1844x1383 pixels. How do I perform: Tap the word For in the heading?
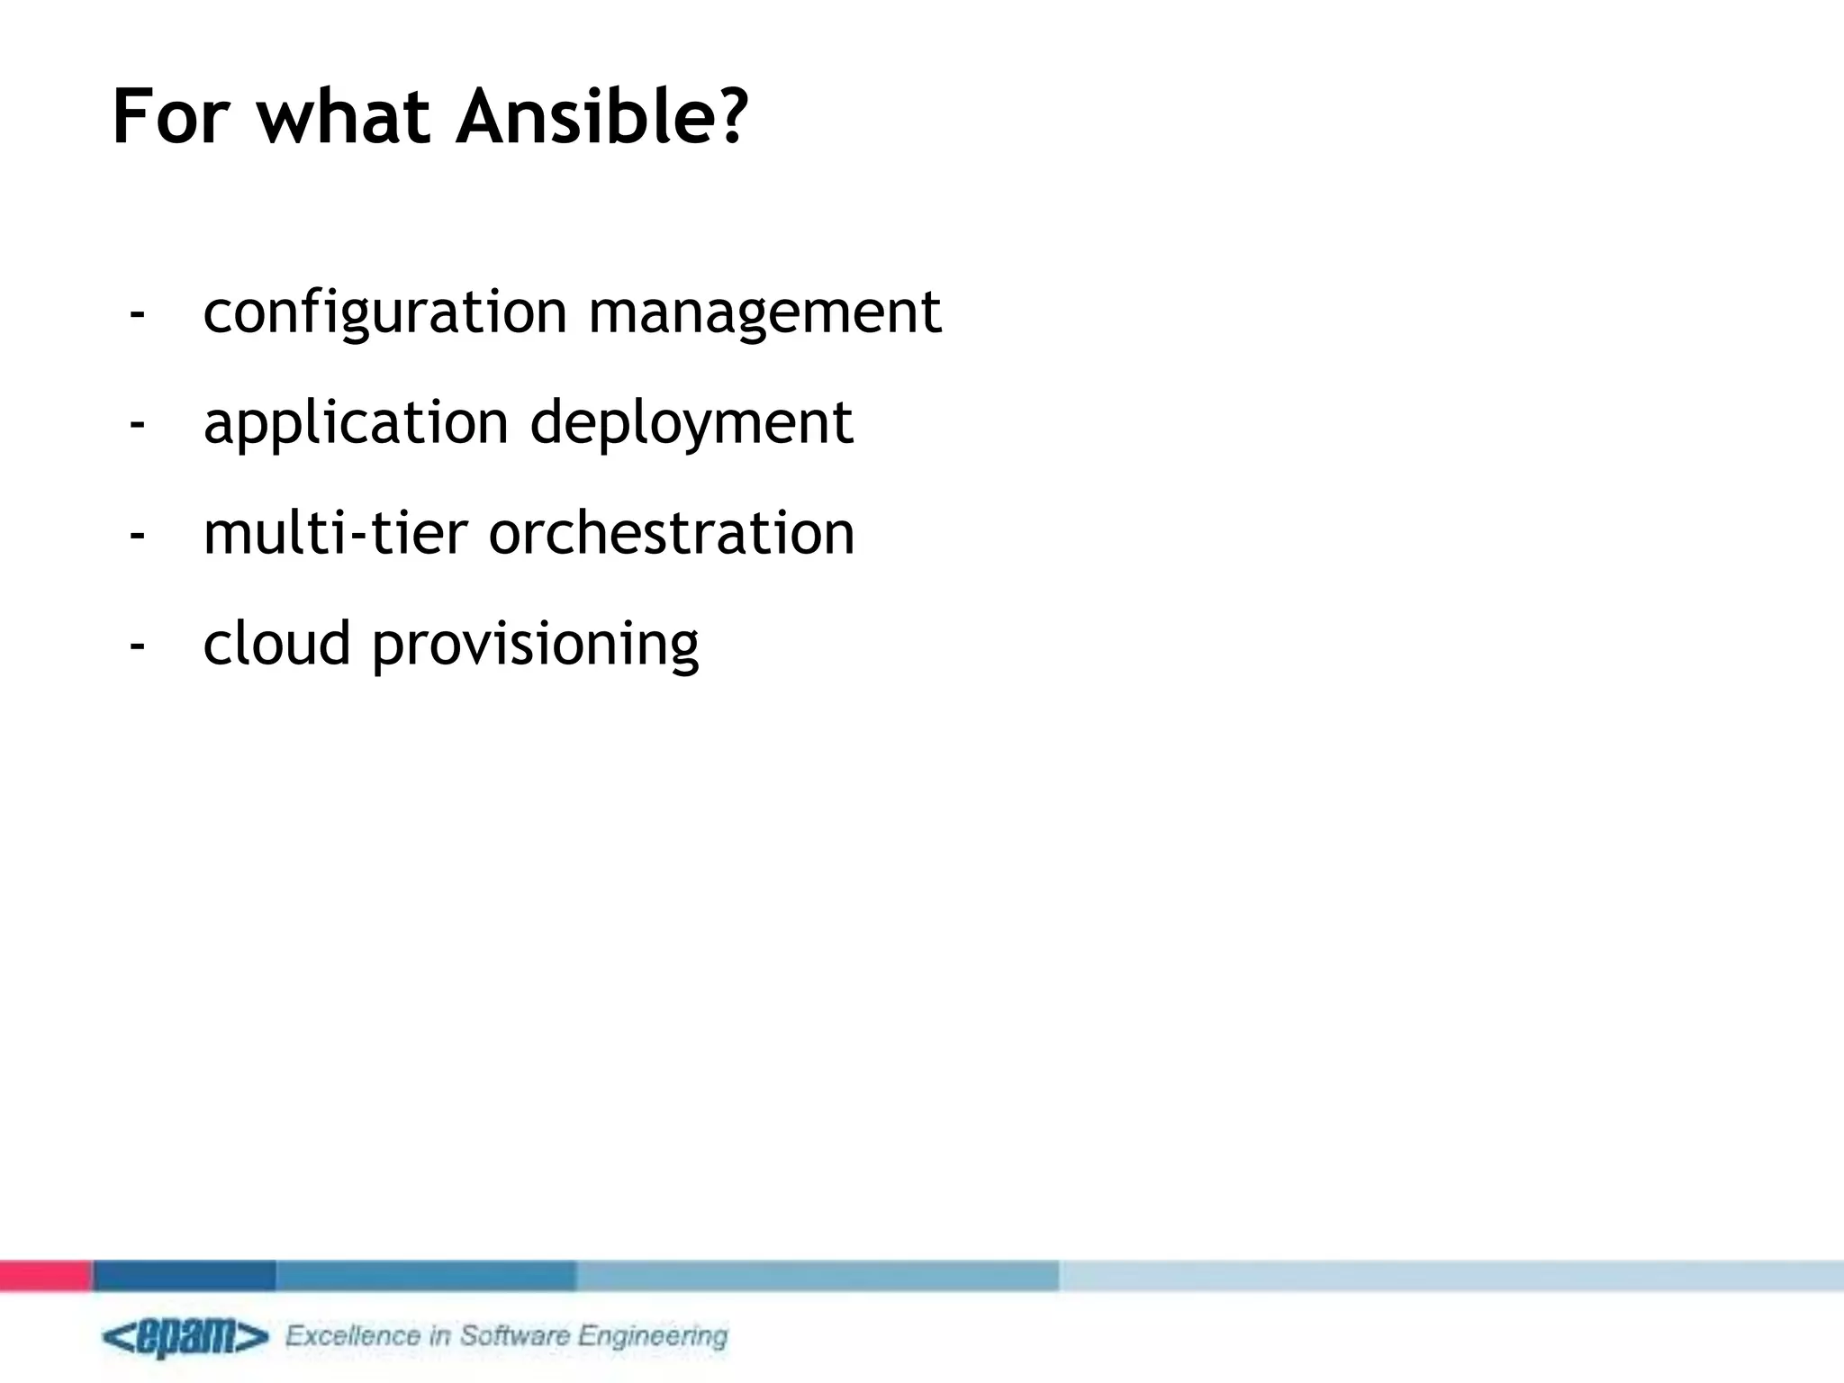[x=171, y=117]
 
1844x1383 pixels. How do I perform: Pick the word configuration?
[x=384, y=313]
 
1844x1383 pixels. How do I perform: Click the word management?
[x=764, y=313]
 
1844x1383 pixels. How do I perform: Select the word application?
[x=356, y=423]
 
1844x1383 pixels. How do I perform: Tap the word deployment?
[x=691, y=423]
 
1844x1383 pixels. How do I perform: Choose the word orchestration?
[x=671, y=533]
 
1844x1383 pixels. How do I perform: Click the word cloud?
[x=276, y=643]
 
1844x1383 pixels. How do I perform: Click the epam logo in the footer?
[x=185, y=1338]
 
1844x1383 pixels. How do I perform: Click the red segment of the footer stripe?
[x=45, y=1276]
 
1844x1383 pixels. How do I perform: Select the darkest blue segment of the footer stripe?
[x=184, y=1276]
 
